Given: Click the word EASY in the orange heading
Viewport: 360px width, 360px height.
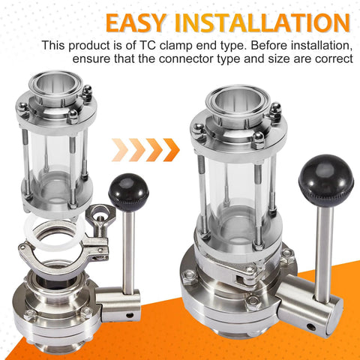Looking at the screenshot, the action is pos(136,22).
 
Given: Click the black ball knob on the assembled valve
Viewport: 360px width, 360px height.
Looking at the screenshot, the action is pos(326,177).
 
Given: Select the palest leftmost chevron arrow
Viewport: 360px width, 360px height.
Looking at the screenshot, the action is pos(120,150).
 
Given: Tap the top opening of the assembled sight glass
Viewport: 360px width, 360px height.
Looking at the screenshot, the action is pos(237,100).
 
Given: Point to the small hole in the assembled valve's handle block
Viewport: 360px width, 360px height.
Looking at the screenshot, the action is pos(310,326).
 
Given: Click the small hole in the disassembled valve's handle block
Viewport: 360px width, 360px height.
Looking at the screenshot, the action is pos(130,314).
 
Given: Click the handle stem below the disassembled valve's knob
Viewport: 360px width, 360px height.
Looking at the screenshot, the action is pos(129,249).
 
